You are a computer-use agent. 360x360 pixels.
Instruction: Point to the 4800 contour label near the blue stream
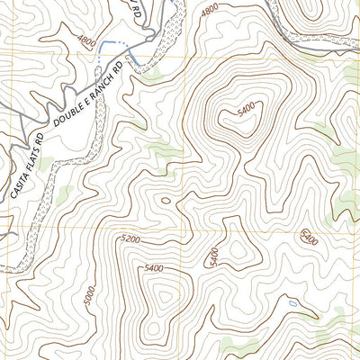click(87, 40)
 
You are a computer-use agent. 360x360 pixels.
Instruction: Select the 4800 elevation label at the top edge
click(210, 9)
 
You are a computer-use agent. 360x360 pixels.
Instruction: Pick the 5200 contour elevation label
click(130, 239)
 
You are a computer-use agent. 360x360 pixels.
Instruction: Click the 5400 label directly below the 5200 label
click(157, 268)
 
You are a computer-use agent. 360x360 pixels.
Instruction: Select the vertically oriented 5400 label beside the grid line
click(213, 256)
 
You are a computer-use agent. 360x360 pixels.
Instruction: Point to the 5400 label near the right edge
click(310, 237)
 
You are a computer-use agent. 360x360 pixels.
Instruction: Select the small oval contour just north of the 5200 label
click(164, 202)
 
